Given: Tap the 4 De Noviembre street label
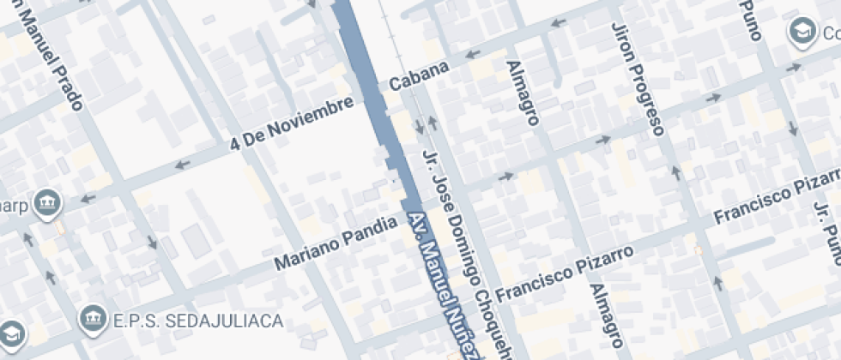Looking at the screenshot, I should [292, 124].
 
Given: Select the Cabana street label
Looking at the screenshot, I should [419, 76].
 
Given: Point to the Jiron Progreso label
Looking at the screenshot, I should [638, 79].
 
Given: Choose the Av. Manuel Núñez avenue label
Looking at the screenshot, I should [439, 287].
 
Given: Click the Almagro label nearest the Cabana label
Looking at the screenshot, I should [523, 93].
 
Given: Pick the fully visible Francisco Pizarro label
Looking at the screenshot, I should [564, 273].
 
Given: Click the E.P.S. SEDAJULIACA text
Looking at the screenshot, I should [198, 321].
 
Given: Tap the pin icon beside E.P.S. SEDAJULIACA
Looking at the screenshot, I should [91, 321].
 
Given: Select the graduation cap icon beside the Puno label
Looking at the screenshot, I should [802, 33].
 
